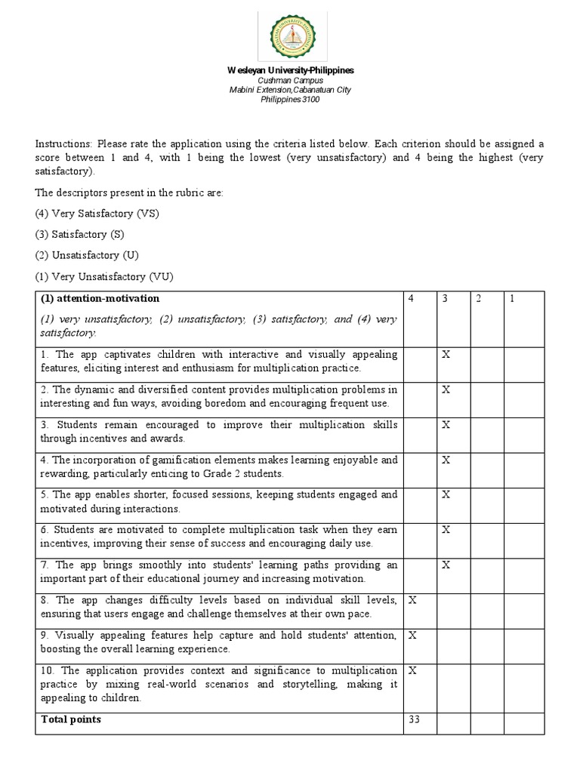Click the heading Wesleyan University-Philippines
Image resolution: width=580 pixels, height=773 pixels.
pyautogui.click(x=290, y=70)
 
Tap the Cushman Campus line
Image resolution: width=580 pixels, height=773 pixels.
pyautogui.click(x=290, y=80)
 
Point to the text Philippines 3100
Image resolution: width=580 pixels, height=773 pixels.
pyautogui.click(x=290, y=99)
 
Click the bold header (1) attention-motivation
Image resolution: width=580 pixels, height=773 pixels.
pyautogui.click(x=100, y=299)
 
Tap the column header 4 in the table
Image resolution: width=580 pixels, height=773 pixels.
pyautogui.click(x=411, y=299)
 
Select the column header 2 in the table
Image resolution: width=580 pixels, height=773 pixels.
pyautogui.click(x=478, y=299)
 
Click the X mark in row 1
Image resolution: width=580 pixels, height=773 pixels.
pyautogui.click(x=446, y=355)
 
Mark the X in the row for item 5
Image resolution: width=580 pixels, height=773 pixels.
pyautogui.click(x=446, y=495)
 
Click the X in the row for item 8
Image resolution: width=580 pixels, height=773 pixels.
pyautogui.click(x=412, y=600)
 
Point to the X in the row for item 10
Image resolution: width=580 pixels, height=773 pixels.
pyautogui.click(x=412, y=670)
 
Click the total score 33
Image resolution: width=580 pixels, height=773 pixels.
pyautogui.click(x=415, y=719)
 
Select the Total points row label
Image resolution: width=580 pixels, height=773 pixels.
pyautogui.click(x=71, y=719)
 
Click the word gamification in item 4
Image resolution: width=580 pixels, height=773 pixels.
pyautogui.click(x=180, y=460)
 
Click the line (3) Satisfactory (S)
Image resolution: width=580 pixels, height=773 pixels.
pyautogui.click(x=81, y=235)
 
